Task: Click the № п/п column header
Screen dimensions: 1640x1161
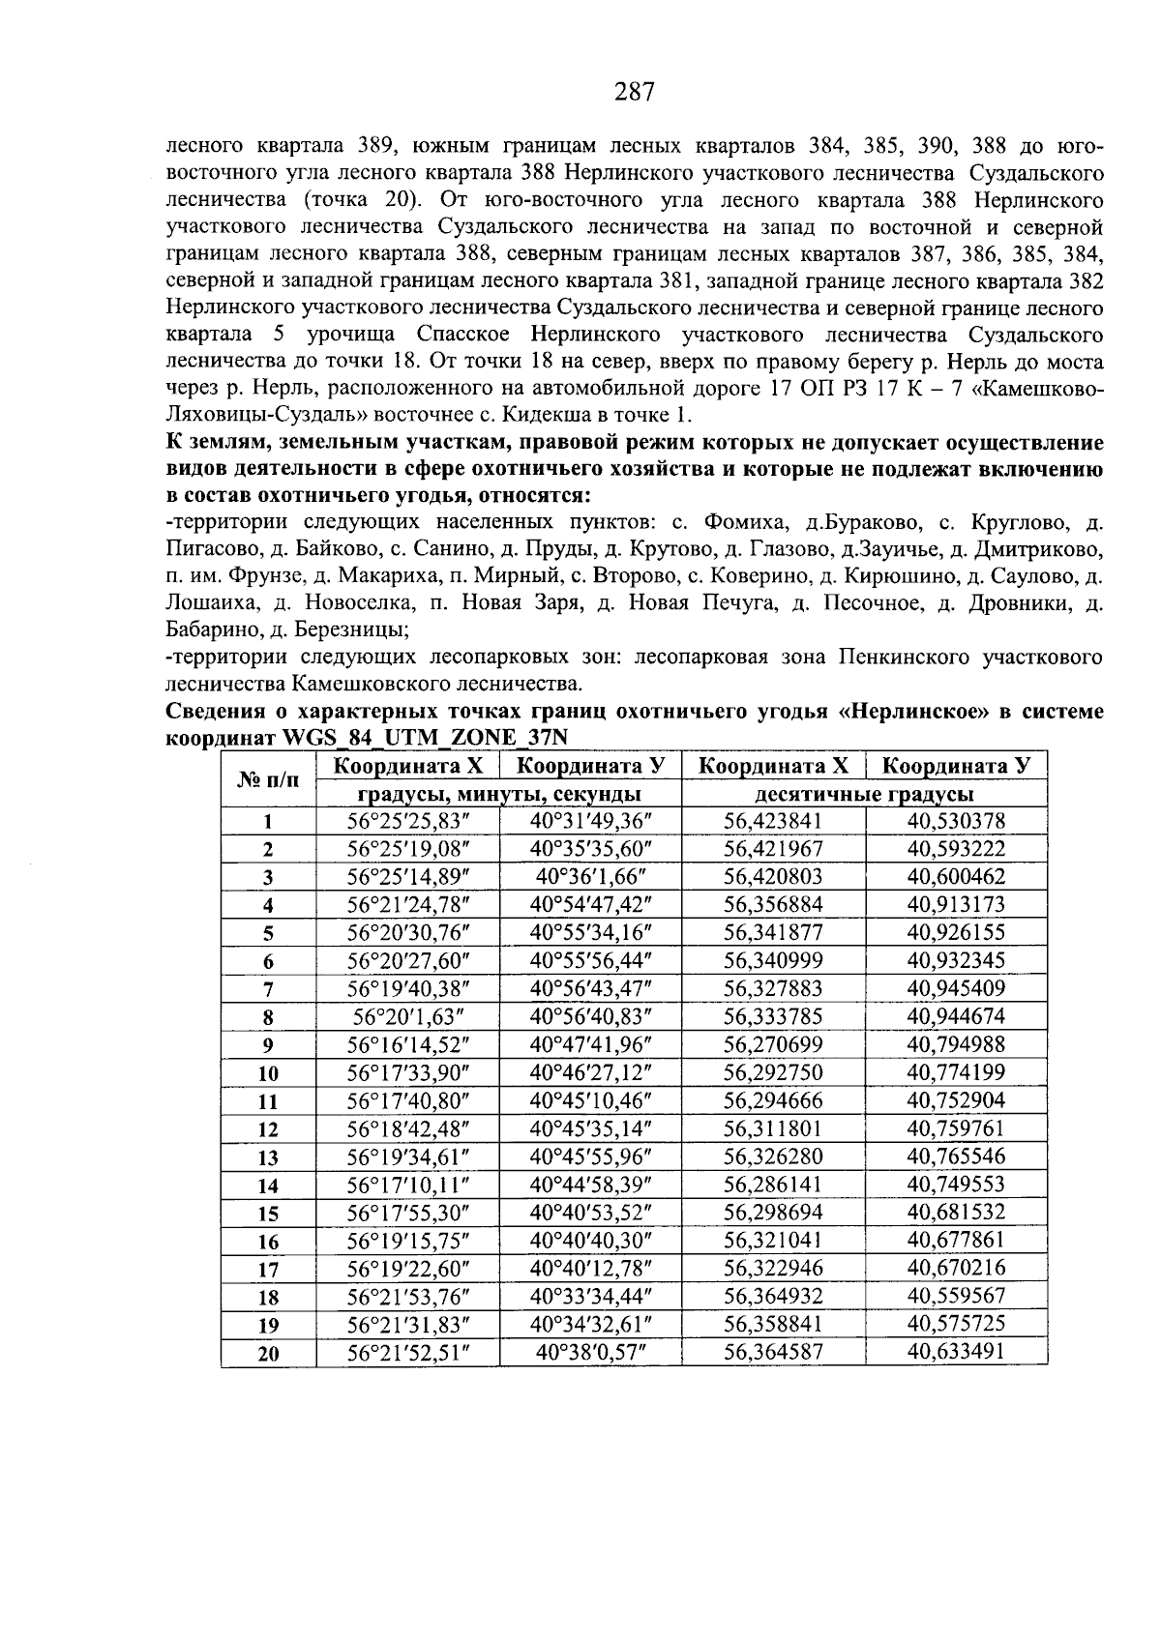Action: click(268, 779)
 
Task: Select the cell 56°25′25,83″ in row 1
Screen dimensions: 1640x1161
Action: click(407, 821)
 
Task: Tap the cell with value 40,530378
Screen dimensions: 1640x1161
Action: click(956, 821)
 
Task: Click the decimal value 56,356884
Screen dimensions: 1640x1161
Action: click(773, 905)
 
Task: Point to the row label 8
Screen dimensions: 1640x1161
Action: click(268, 1017)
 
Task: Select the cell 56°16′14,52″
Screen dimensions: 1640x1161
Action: click(407, 1045)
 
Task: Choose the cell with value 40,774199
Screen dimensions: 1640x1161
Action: click(956, 1072)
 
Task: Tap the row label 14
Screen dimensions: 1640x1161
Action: click(268, 1186)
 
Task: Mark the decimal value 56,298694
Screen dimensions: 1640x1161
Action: click(773, 1213)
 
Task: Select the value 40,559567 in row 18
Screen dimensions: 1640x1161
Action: click(956, 1296)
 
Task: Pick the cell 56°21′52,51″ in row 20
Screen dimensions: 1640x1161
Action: click(407, 1352)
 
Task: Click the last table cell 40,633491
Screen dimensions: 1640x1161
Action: click(956, 1352)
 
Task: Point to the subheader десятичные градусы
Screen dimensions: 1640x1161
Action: click(864, 795)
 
